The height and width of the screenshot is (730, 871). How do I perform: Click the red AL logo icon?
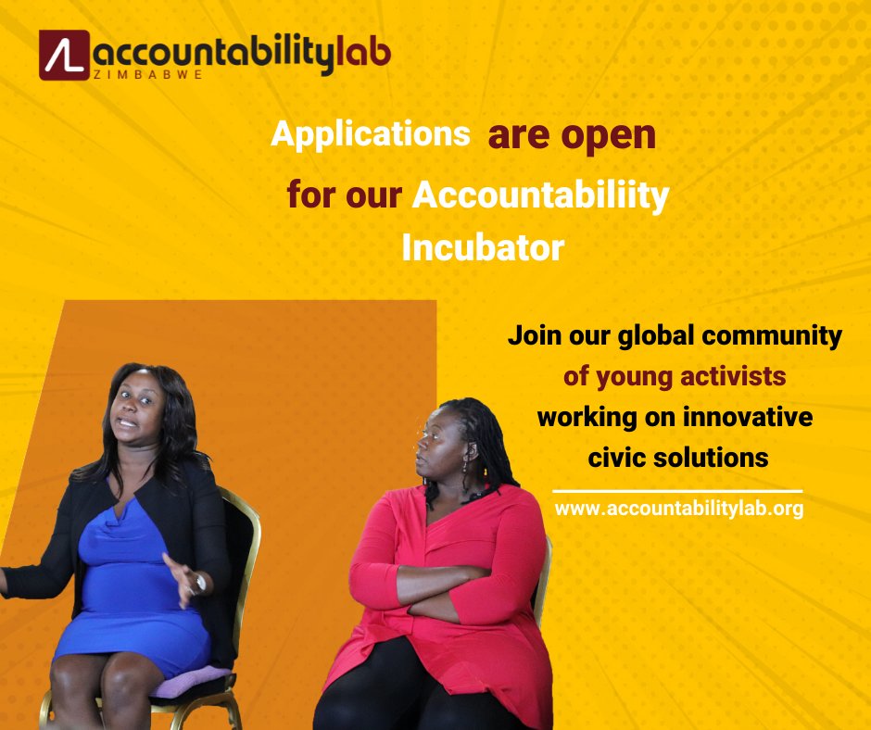[x=64, y=55]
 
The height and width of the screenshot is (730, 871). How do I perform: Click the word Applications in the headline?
[x=370, y=135]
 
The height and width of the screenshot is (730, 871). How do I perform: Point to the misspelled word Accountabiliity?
[x=540, y=196]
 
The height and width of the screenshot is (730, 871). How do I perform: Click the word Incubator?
[x=482, y=248]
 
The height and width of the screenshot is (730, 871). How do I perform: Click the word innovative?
[x=747, y=417]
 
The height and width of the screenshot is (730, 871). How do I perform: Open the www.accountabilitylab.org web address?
[x=678, y=509]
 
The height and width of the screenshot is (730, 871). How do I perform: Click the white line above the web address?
[x=677, y=491]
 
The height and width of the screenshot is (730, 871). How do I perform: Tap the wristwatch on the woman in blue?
[x=200, y=583]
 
